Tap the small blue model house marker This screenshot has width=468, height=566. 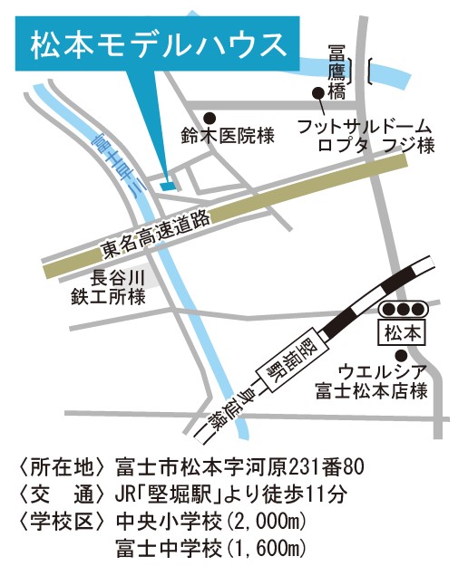coord(166,186)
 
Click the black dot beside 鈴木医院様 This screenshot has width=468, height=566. coord(210,117)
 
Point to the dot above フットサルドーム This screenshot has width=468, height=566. coord(317,91)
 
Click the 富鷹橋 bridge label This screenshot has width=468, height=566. coord(337,68)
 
